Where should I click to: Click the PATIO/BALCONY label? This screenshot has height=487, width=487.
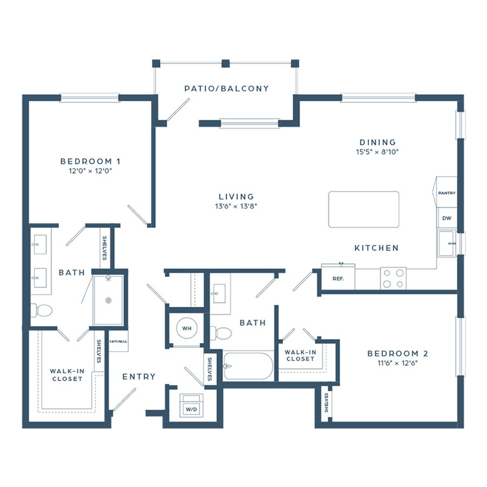point(226,89)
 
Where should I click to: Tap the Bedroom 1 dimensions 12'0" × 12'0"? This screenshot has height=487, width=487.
point(90,170)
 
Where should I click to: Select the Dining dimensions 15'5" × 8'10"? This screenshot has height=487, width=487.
point(377,152)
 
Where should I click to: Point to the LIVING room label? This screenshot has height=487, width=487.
point(236,196)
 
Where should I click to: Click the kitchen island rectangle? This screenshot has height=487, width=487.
point(364,209)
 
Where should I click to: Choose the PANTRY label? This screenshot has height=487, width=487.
point(446,193)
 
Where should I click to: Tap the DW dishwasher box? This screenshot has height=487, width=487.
point(446,219)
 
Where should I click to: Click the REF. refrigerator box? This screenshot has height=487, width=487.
point(338,278)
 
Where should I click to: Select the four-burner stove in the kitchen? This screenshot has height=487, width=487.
point(393,278)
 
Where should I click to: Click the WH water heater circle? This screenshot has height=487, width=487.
point(187,328)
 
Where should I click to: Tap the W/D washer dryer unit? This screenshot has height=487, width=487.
point(192,406)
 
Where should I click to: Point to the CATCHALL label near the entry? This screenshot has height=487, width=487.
point(118,341)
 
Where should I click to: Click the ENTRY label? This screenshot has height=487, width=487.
point(139,377)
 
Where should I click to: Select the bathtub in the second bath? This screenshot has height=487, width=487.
point(248,366)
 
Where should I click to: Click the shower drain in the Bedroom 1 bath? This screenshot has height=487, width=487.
point(108,300)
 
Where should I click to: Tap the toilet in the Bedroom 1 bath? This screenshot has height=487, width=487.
point(41,310)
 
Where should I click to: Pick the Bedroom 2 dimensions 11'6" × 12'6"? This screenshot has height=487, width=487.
point(398,363)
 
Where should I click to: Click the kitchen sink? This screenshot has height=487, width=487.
point(446,243)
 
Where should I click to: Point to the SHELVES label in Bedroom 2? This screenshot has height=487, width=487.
point(326,403)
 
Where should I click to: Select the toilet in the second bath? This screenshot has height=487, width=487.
point(221,333)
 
